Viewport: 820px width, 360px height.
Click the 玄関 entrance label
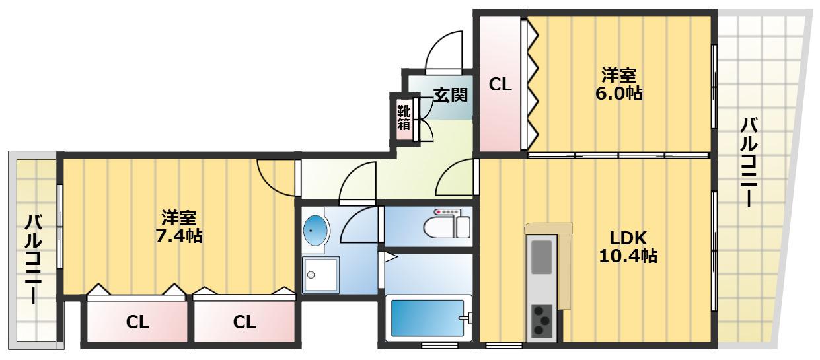pyautogui.click(x=451, y=95)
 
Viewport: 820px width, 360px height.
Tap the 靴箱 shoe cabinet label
pyautogui.click(x=404, y=118)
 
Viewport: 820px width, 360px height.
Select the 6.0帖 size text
pyautogui.click(x=618, y=94)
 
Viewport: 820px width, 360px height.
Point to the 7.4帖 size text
pyautogui.click(x=179, y=236)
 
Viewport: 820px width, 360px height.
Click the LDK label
pyautogui.click(x=628, y=238)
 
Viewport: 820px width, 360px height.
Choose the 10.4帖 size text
pyautogui.click(x=628, y=256)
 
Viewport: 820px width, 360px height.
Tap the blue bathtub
pyautogui.click(x=428, y=318)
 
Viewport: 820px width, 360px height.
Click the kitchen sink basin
pyautogui.click(x=541, y=257)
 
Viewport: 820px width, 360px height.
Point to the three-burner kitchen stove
pyautogui.click(x=541, y=321)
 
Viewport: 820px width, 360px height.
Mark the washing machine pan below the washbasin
pyautogui.click(x=320, y=275)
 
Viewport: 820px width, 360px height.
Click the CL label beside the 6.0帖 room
pyautogui.click(x=500, y=85)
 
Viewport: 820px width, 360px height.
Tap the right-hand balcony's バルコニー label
pyautogui.click(x=749, y=162)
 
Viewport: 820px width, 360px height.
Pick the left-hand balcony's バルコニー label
pyautogui.click(x=34, y=259)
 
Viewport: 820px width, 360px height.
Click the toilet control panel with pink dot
pyautogui.click(x=447, y=212)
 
